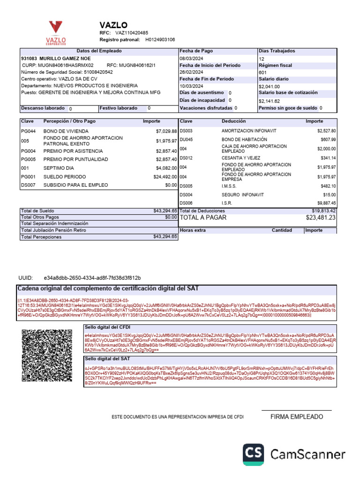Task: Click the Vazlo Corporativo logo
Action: pos(56,32)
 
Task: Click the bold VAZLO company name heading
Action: pos(113,25)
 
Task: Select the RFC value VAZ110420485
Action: pos(132,33)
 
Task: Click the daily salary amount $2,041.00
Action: pos(269,87)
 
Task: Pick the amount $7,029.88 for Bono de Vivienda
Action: pos(166,131)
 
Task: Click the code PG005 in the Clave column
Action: pos(28,159)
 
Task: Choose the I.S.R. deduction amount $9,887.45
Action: pos(326,203)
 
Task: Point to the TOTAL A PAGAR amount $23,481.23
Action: pos(321,217)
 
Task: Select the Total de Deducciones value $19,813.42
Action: pos(324,211)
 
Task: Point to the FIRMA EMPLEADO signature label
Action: pos(297,417)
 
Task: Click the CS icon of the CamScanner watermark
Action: pos(254,454)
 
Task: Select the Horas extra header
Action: pos(193,230)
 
